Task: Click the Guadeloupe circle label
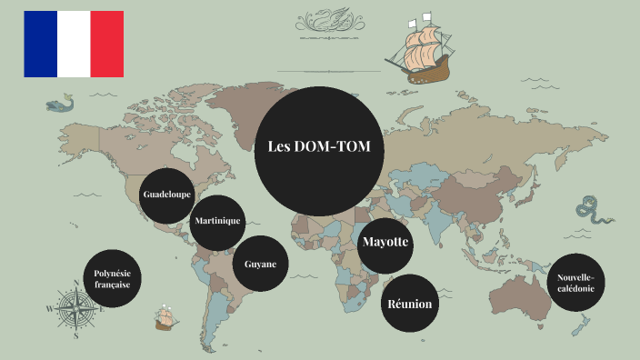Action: pyautogui.click(x=167, y=195)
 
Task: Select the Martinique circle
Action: pyautogui.click(x=217, y=222)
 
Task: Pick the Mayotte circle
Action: pyautogui.click(x=385, y=243)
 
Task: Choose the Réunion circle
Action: pyautogui.click(x=409, y=304)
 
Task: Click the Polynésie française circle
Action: pyautogui.click(x=112, y=279)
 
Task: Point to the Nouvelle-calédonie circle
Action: pyautogui.click(x=575, y=282)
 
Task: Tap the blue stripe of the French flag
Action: pyautogui.click(x=41, y=44)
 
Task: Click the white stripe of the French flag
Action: pyautogui.click(x=74, y=44)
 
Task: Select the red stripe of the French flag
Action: pyautogui.click(x=107, y=44)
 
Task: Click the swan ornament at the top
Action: pyautogui.click(x=326, y=19)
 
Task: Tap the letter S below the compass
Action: pyautogui.click(x=76, y=335)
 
